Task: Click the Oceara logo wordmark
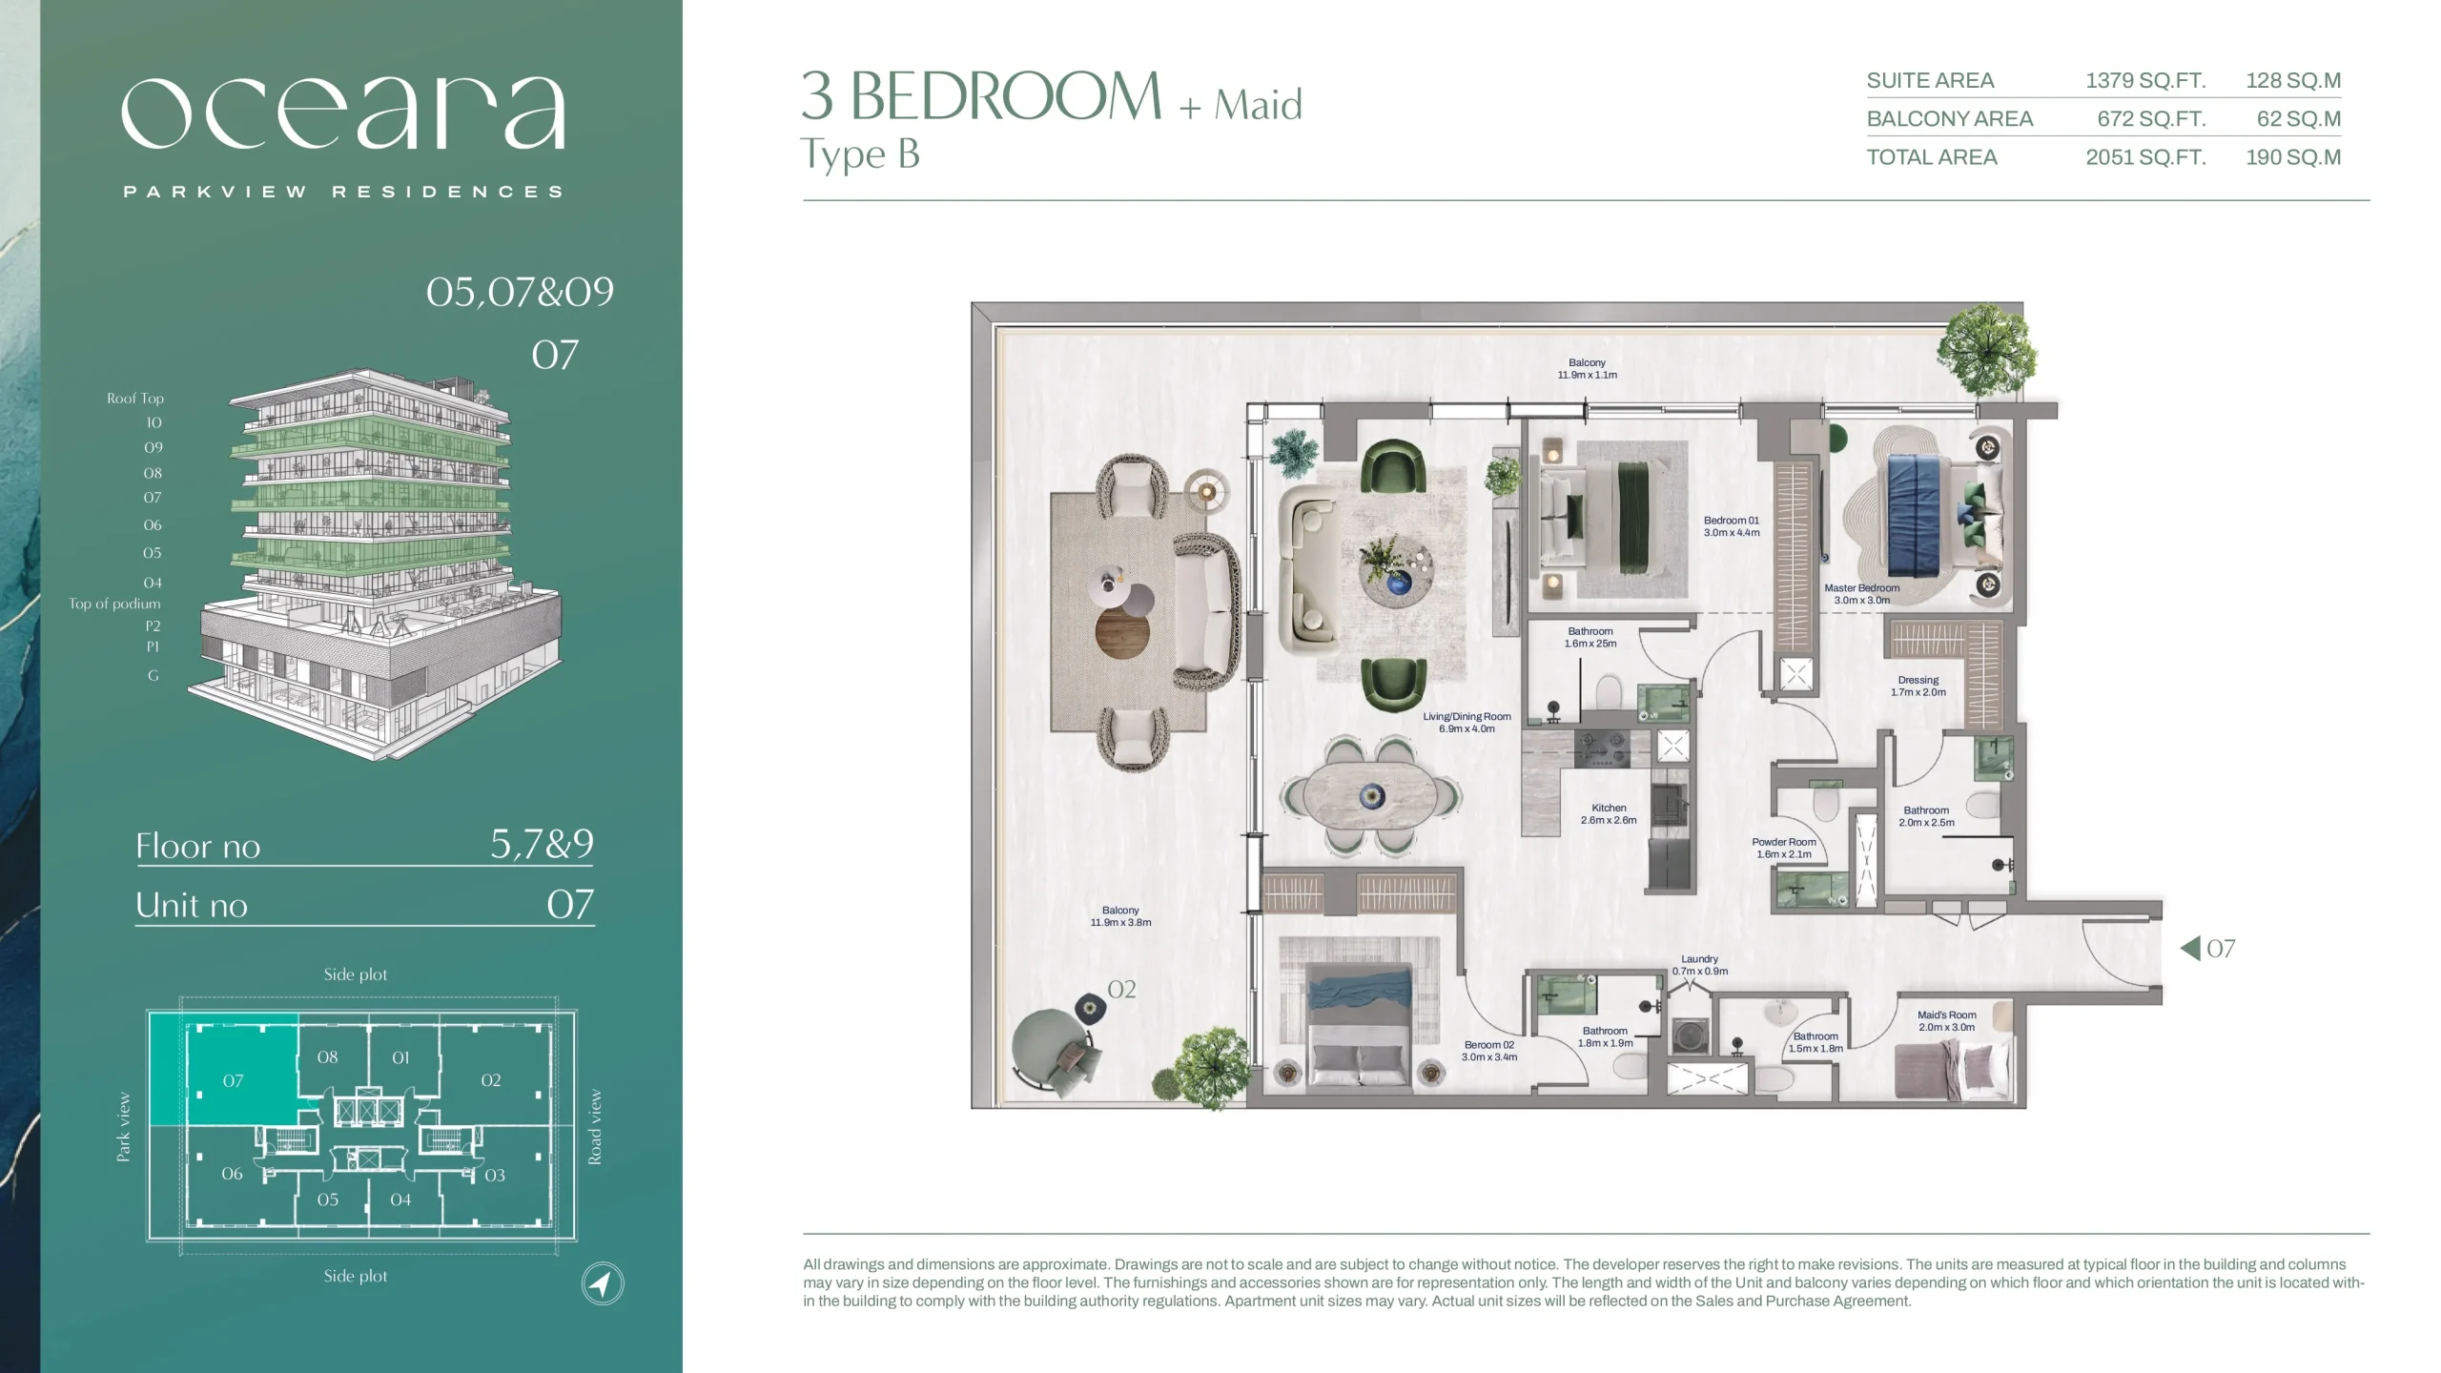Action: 344,113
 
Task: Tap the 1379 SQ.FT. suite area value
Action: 2145,81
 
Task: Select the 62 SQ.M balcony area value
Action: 2298,119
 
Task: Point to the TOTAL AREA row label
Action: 1931,157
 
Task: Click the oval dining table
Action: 1370,796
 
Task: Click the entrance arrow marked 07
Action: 2190,948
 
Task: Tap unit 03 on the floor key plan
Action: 494,1175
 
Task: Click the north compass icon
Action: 603,1283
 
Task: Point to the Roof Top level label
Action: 134,399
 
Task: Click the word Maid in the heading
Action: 1258,104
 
